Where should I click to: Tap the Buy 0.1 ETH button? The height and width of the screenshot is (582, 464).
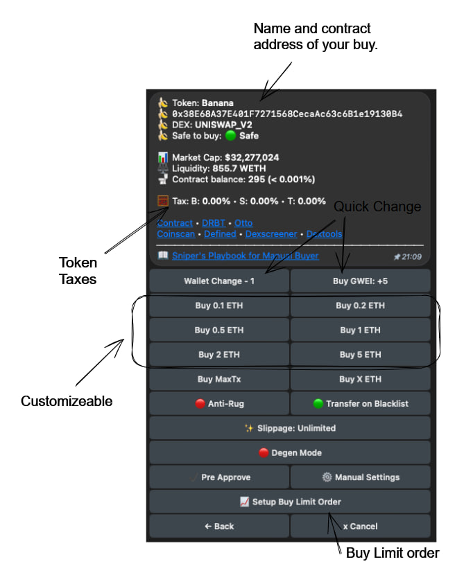[x=219, y=306]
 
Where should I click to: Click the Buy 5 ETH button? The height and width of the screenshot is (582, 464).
[x=361, y=355]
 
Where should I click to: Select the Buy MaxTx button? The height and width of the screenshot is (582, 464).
[x=219, y=379]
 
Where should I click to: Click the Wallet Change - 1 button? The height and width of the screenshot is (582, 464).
[x=219, y=281]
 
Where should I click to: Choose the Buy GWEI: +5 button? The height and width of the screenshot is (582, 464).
[x=361, y=281]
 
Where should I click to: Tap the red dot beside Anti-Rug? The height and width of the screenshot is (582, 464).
[x=200, y=403]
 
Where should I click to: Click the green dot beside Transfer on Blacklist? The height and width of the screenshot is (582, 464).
[x=318, y=403]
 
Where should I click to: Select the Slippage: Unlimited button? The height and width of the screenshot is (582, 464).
[x=290, y=428]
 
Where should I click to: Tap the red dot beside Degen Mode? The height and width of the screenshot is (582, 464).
[x=264, y=452]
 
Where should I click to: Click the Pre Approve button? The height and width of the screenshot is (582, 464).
[x=219, y=477]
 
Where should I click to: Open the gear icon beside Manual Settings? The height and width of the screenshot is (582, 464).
[x=327, y=477]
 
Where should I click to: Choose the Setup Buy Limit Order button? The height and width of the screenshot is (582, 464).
[x=290, y=502]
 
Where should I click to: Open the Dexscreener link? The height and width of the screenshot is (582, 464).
[x=271, y=234]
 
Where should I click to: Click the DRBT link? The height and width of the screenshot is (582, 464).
[x=214, y=222]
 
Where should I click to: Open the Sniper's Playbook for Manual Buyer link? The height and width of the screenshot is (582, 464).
[x=246, y=256]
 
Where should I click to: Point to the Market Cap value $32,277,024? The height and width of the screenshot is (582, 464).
[x=252, y=157]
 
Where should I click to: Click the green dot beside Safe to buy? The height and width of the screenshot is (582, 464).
[x=231, y=136]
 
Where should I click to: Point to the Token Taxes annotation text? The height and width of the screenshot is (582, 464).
[x=78, y=271]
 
